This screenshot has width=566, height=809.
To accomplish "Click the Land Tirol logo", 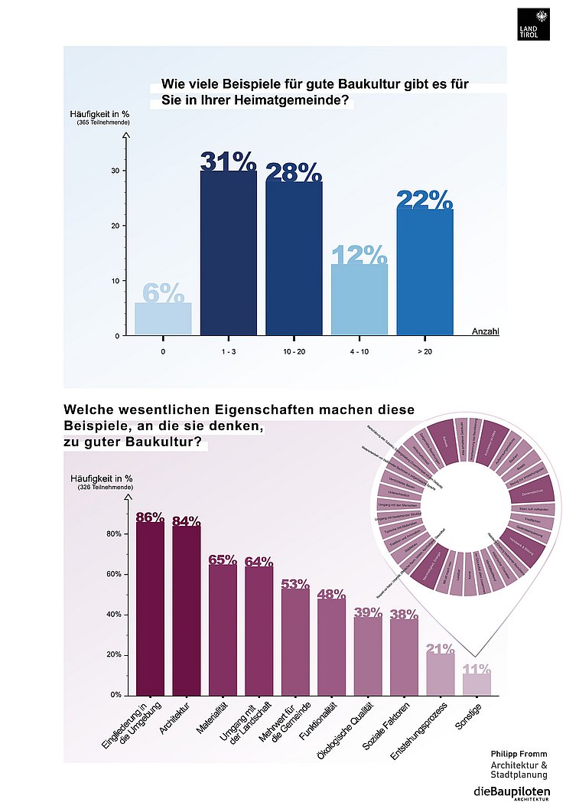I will click(533, 24).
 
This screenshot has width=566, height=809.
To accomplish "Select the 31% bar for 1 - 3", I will click(228, 253).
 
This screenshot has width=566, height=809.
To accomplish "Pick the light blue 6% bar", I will click(163, 318).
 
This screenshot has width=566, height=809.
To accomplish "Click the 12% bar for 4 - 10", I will click(359, 299).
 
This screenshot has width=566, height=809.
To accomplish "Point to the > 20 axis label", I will click(424, 352).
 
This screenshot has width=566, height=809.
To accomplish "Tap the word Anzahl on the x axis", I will click(486, 331).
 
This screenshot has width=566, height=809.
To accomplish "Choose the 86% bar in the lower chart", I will click(150, 608).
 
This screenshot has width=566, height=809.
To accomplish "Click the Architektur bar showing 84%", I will click(187, 611).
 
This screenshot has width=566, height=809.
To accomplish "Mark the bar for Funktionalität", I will click(331, 647).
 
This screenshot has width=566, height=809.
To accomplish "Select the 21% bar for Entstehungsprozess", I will click(441, 673).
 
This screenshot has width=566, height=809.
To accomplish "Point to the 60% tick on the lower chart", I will click(112, 574).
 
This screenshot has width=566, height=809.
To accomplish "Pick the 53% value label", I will click(294, 584).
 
